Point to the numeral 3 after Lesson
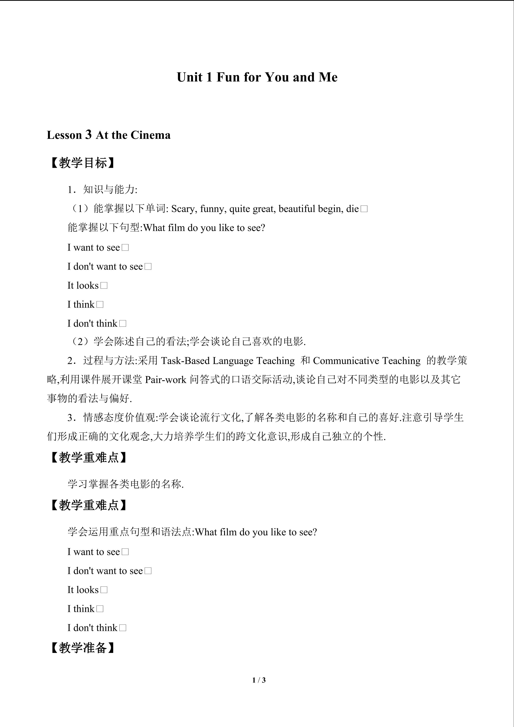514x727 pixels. pos(89,135)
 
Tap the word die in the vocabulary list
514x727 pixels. pos(353,209)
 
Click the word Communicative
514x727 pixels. pos(346,361)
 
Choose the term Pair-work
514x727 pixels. pos(166,380)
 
